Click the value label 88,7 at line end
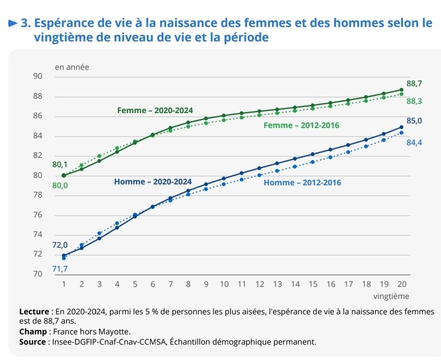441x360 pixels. click(414, 84)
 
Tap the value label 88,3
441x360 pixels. click(414, 101)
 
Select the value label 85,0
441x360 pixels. click(414, 121)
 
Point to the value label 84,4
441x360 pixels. click(414, 143)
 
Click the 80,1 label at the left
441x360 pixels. click(60, 164)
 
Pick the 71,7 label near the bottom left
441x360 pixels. click(60, 269)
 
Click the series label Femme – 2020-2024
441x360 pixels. click(155, 110)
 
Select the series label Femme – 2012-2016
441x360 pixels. click(301, 125)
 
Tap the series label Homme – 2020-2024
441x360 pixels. click(153, 182)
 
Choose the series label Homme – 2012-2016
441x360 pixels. click(302, 183)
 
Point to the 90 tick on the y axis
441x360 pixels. click(38, 76)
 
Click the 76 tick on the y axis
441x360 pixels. click(38, 215)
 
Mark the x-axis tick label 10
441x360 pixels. click(224, 284)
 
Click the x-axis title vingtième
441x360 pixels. click(391, 296)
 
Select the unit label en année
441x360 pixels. click(72, 67)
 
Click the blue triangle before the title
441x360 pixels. click(13, 23)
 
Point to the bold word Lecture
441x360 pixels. click(34, 311)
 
